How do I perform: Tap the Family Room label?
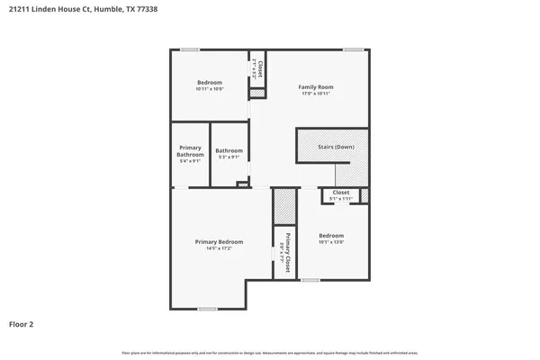click(317, 86)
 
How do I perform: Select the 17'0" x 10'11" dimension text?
click(317, 93)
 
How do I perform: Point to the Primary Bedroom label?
click(220, 241)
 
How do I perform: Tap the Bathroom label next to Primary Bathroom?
click(229, 150)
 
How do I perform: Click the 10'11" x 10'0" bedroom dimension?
click(210, 89)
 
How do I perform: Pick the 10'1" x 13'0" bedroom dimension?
click(331, 242)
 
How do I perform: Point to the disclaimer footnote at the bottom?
click(270, 352)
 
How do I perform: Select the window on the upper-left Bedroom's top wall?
click(190, 49)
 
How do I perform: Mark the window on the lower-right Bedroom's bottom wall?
click(310, 280)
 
